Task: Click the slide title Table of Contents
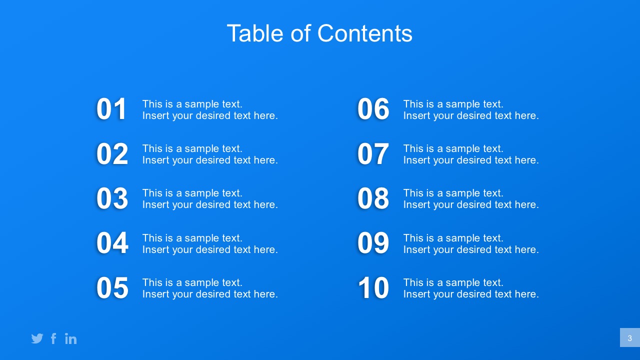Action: point(319,33)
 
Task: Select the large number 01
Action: point(111,109)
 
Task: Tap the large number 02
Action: point(112,153)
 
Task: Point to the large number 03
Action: point(112,198)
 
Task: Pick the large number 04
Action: point(112,243)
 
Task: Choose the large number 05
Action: point(112,287)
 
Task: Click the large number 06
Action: point(373,109)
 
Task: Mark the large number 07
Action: point(373,153)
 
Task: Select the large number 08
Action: point(373,198)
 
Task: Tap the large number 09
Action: point(373,243)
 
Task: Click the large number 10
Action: point(373,287)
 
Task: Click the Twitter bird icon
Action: point(37,338)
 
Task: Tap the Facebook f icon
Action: point(53,338)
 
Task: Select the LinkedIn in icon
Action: point(71,338)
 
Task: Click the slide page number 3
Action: point(629,338)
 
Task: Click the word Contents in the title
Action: point(365,33)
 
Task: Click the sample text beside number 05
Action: point(210,288)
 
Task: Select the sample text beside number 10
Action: point(471,288)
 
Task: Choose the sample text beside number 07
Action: point(471,154)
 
